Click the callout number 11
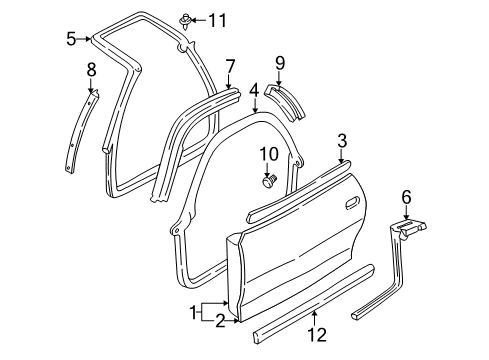pos(218,19)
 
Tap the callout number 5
pos(71,40)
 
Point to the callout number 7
pos(230,67)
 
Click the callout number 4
pos(255,90)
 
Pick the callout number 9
pos(280,62)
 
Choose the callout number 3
pos(342,140)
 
